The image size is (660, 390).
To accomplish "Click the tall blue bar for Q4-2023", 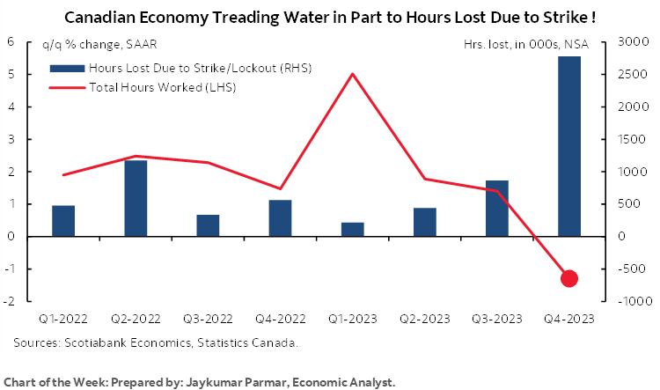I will (x=569, y=146).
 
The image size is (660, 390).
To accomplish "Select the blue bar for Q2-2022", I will (x=136, y=198).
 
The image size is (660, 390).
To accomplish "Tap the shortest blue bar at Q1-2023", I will (x=352, y=229).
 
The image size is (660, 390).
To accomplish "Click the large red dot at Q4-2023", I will (x=569, y=278).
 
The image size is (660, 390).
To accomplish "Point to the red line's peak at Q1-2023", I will (x=352, y=74).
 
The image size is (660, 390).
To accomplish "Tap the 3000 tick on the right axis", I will (x=634, y=42).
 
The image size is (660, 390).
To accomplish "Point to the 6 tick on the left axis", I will (x=10, y=42).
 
